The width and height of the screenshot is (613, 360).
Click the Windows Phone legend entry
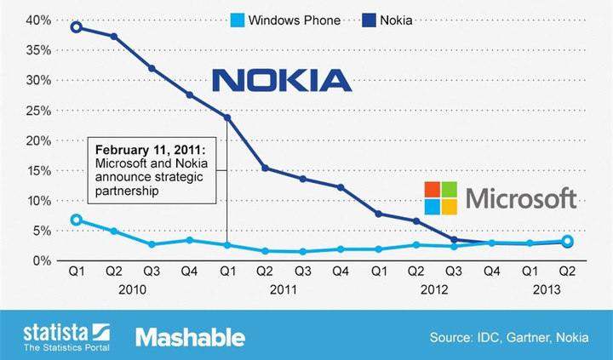(x=286, y=20)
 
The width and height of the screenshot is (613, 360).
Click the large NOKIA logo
(x=282, y=81)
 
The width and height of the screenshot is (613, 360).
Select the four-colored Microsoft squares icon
(x=441, y=198)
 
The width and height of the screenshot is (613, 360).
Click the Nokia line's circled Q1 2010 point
(x=77, y=27)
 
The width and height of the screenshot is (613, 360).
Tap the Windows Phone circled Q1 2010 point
(x=77, y=220)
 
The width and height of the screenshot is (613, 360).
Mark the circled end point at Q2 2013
(x=568, y=242)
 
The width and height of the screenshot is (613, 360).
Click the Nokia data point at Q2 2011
(x=265, y=168)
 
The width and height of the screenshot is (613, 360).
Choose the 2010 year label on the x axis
(x=133, y=289)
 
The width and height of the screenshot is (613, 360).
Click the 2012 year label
(x=434, y=289)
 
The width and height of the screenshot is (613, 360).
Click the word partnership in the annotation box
(x=128, y=191)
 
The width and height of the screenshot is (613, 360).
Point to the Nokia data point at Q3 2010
(x=152, y=68)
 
